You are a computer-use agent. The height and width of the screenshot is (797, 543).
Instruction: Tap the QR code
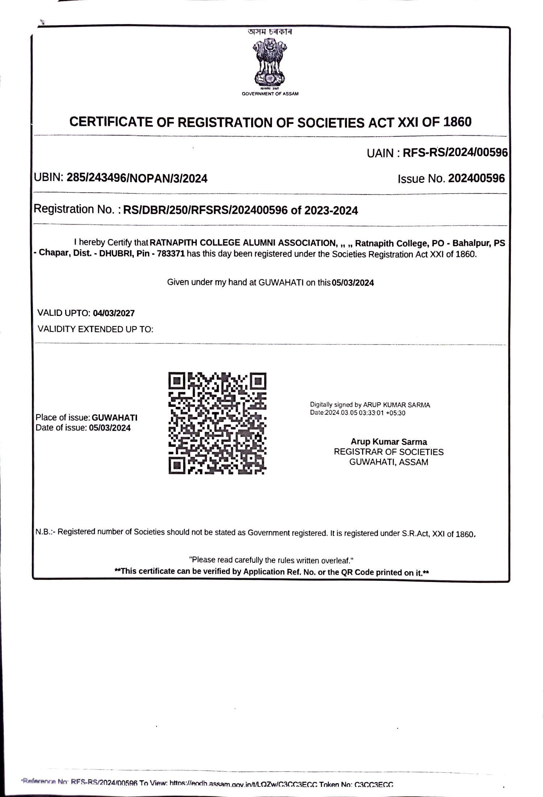click(217, 423)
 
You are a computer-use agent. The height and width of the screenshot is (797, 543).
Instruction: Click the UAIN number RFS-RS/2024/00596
click(455, 153)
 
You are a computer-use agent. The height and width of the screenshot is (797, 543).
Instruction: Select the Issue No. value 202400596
click(476, 178)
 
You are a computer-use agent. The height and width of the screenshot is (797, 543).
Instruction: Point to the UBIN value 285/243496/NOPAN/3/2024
click(137, 178)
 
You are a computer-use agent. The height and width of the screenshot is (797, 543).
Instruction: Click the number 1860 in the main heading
click(457, 122)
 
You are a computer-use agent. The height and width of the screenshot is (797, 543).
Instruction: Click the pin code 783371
click(171, 254)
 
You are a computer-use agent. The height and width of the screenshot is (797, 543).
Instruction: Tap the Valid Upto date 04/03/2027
click(114, 313)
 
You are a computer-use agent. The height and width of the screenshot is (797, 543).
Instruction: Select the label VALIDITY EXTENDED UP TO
click(95, 329)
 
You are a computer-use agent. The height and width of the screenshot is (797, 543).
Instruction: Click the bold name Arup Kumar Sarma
click(389, 442)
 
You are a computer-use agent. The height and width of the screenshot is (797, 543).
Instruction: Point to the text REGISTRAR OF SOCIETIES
click(389, 452)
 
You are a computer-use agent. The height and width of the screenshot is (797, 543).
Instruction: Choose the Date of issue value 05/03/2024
click(110, 428)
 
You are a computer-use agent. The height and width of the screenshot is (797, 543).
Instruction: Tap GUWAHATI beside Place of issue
click(115, 418)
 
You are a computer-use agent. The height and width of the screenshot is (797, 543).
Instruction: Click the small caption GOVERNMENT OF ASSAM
click(270, 94)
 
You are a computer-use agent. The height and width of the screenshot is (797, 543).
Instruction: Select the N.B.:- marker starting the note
click(45, 532)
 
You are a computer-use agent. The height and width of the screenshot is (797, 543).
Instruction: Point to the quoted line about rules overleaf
click(271, 560)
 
